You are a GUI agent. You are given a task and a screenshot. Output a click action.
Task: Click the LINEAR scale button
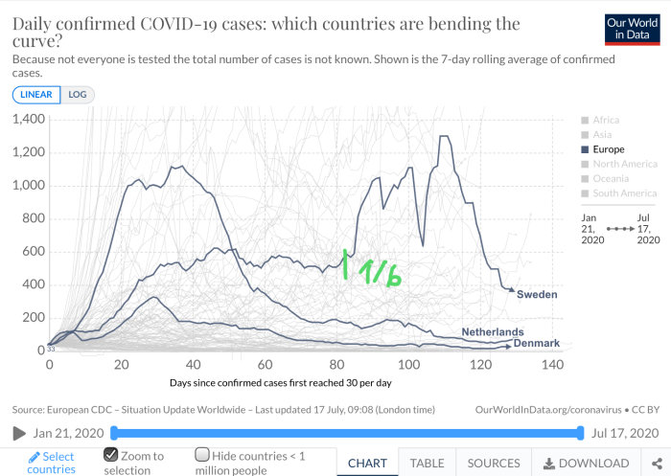click(36, 95)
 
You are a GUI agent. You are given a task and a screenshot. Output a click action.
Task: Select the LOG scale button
click(78, 95)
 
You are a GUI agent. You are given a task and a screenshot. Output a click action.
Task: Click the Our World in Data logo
click(632, 30)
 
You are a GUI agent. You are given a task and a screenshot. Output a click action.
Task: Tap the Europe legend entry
click(603, 149)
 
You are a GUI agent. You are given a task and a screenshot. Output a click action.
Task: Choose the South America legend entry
click(619, 193)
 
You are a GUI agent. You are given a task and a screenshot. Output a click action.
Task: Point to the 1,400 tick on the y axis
click(29, 119)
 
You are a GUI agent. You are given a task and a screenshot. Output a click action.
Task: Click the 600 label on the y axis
click(34, 252)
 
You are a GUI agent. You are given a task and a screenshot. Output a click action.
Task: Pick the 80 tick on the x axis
click(336, 365)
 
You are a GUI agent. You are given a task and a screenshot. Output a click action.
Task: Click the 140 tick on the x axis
click(552, 365)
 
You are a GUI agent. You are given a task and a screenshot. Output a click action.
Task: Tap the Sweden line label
click(537, 294)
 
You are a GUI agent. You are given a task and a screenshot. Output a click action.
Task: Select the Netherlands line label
click(493, 332)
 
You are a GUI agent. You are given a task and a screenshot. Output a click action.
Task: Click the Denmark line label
click(537, 343)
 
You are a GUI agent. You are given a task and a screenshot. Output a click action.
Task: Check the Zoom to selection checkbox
click(111, 454)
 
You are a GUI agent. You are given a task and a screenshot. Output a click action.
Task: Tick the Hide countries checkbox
click(202, 454)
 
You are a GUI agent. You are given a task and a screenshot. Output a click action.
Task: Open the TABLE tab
click(428, 464)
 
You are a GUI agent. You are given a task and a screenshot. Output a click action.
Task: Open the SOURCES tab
click(494, 464)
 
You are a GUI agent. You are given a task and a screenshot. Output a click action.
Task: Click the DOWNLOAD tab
click(587, 464)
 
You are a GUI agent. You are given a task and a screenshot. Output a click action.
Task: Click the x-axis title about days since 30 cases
click(281, 383)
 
